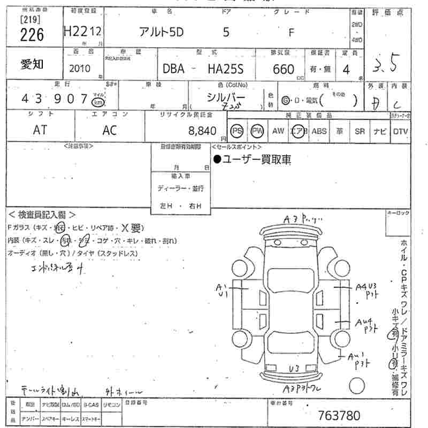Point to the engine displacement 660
tap(284, 69)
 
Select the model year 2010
tap(80, 68)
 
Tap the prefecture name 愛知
tap(33, 65)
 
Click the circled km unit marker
tap(97, 102)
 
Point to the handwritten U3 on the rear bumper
tap(294, 369)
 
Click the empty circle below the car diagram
tap(357, 386)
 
